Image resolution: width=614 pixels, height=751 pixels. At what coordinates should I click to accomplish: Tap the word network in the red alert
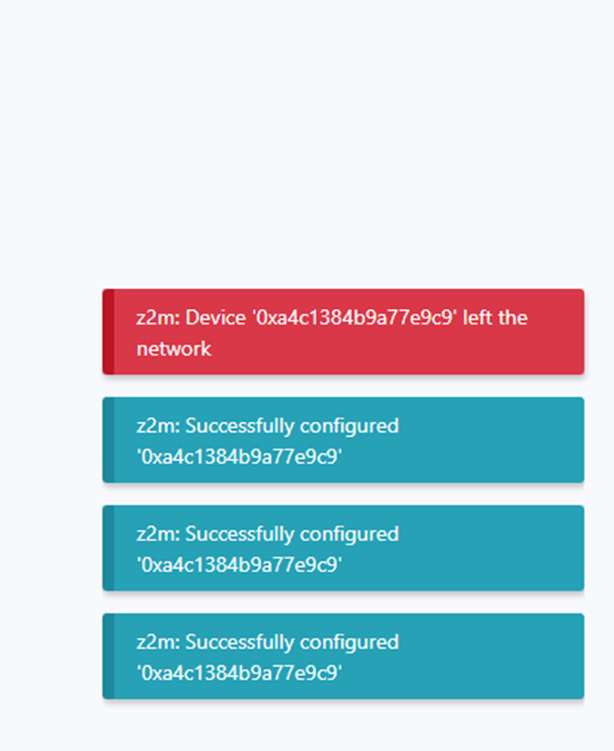click(x=174, y=349)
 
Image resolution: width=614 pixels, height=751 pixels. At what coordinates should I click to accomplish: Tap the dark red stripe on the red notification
click(x=108, y=332)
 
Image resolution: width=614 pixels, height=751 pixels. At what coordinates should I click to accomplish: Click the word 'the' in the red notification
click(x=512, y=318)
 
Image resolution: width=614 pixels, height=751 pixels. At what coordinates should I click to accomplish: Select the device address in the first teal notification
click(x=239, y=457)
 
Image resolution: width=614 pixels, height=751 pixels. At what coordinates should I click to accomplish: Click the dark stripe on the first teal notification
click(x=108, y=440)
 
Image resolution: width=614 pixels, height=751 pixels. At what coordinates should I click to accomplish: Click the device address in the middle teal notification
click(x=239, y=565)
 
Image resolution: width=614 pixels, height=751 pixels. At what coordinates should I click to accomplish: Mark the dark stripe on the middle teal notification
click(x=108, y=548)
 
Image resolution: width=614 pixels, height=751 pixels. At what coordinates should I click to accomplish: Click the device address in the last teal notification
click(x=239, y=673)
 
